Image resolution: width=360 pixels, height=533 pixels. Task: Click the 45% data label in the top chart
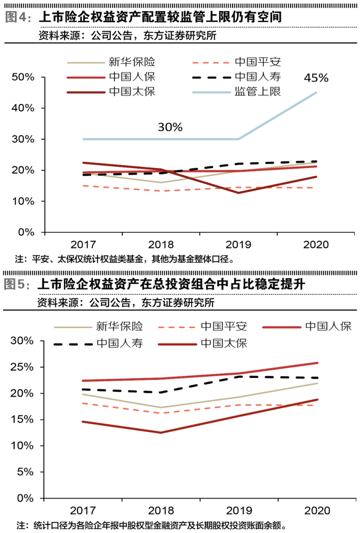click(x=316, y=78)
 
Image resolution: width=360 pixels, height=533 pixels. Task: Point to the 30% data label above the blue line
click(x=170, y=127)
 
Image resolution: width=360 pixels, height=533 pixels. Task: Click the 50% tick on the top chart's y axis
click(x=23, y=77)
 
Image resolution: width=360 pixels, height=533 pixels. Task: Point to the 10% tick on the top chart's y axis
click(x=23, y=201)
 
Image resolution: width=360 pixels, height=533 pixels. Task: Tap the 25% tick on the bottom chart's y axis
click(x=23, y=367)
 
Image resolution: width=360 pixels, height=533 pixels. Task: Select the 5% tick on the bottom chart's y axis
click(x=26, y=472)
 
